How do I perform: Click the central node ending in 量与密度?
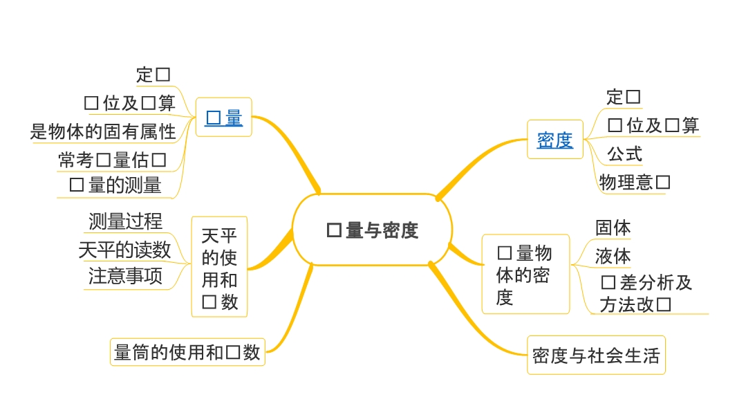tap(373, 230)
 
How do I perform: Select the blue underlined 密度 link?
tap(555, 140)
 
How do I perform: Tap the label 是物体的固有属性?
tap(103, 131)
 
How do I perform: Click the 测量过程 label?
tap(126, 221)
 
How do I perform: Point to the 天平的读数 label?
tap(124, 250)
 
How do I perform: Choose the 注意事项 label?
tap(126, 277)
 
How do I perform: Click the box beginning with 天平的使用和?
tap(219, 267)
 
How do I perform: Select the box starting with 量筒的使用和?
tap(187, 352)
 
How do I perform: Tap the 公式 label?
tap(624, 154)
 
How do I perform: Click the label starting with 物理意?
tap(635, 183)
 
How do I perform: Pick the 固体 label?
tap(613, 228)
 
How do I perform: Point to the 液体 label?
tap(613, 256)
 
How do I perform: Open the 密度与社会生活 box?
tap(596, 356)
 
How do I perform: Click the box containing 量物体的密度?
tap(525, 275)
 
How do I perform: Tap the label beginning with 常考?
tap(113, 160)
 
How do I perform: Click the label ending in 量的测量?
tap(115, 185)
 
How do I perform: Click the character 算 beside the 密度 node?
tap(690, 125)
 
